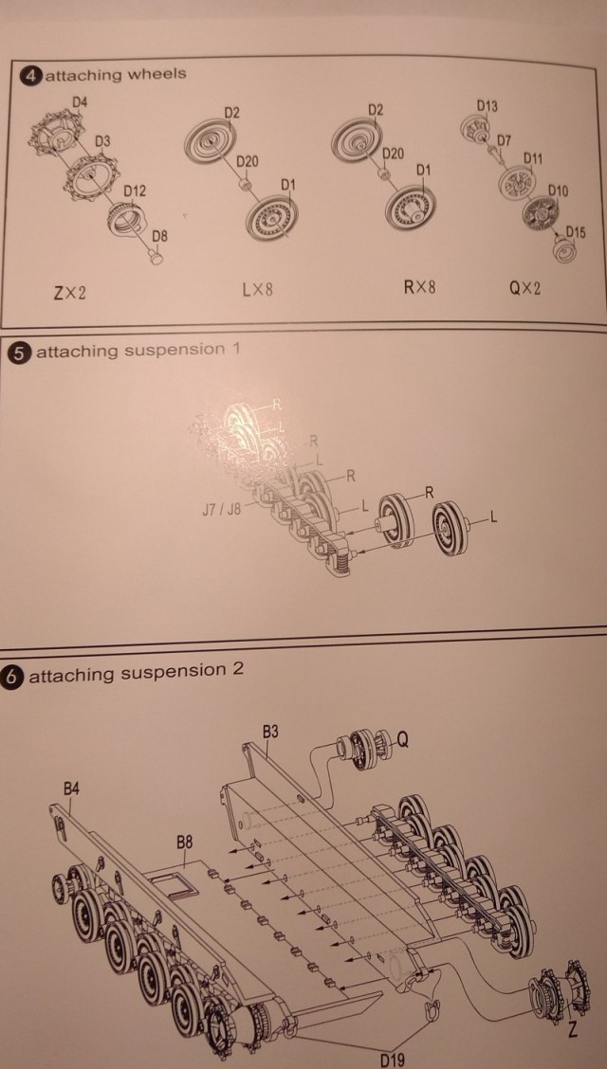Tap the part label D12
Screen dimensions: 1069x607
[x=135, y=191]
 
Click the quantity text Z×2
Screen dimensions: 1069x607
[x=70, y=293]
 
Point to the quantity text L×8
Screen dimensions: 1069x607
[x=257, y=289]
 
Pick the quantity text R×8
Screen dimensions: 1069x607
[x=419, y=286]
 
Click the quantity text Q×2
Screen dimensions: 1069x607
[x=524, y=288]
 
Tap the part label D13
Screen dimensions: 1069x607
[x=487, y=105]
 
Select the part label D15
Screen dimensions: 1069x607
[x=575, y=231]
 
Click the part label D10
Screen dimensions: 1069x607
[x=558, y=191]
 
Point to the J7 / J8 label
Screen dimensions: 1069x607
[x=220, y=510]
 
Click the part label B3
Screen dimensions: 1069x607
[x=270, y=733]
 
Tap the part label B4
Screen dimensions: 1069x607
[x=72, y=788]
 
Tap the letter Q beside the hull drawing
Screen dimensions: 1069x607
[x=402, y=741]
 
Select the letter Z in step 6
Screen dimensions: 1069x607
[x=570, y=1028]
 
